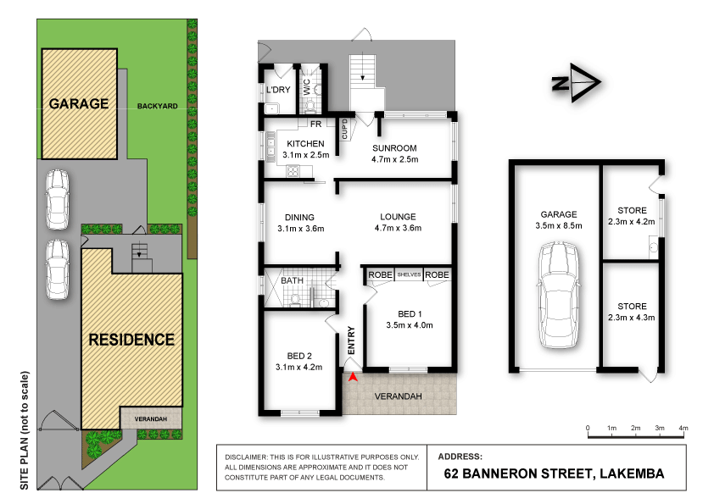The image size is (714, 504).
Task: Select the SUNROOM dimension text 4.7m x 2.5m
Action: point(394,159)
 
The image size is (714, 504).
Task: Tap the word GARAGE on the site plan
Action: point(78,104)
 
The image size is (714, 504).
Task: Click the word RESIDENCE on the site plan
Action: point(131,340)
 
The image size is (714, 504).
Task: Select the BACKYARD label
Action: point(158,107)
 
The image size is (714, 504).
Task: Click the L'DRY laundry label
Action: point(277,90)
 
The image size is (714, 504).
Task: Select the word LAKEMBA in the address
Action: point(623,474)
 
